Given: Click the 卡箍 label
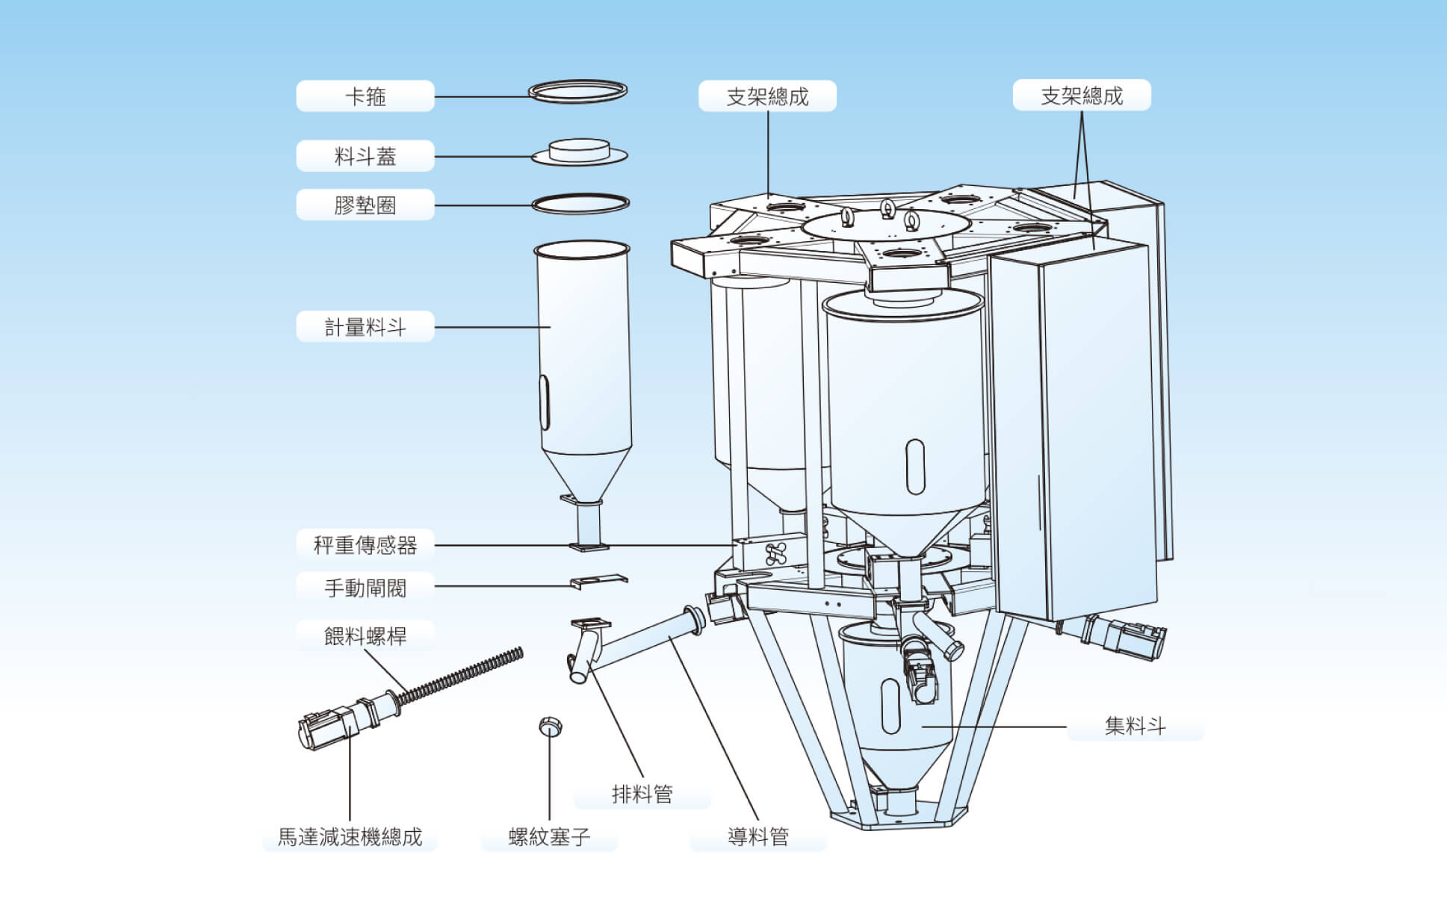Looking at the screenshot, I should (x=365, y=96).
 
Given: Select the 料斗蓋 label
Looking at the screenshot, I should (x=365, y=156).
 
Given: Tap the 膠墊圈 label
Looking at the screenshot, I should (x=365, y=205).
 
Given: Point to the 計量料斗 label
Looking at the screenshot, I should (x=365, y=327).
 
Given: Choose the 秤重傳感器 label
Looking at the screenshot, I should (x=365, y=545).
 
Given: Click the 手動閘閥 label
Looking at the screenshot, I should (x=365, y=588).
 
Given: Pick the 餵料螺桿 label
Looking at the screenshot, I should (x=365, y=636).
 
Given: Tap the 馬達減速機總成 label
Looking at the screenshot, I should (x=350, y=836).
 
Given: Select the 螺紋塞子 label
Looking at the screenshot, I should (x=549, y=837).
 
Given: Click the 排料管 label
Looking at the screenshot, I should (x=642, y=794).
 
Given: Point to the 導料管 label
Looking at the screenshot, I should (x=758, y=836).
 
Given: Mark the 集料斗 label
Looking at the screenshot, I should (x=1135, y=726).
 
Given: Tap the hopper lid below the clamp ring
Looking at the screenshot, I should (x=579, y=152).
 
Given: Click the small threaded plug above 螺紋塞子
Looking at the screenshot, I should (x=550, y=726).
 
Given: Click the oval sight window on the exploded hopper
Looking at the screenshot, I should (x=545, y=402).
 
